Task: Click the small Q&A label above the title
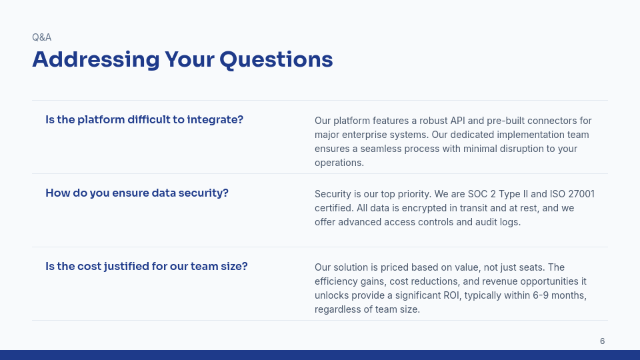tap(41, 37)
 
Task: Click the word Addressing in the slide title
tap(96, 60)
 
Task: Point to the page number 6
tap(602, 341)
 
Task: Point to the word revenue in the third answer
tap(474, 281)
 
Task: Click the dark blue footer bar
tap(320, 355)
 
